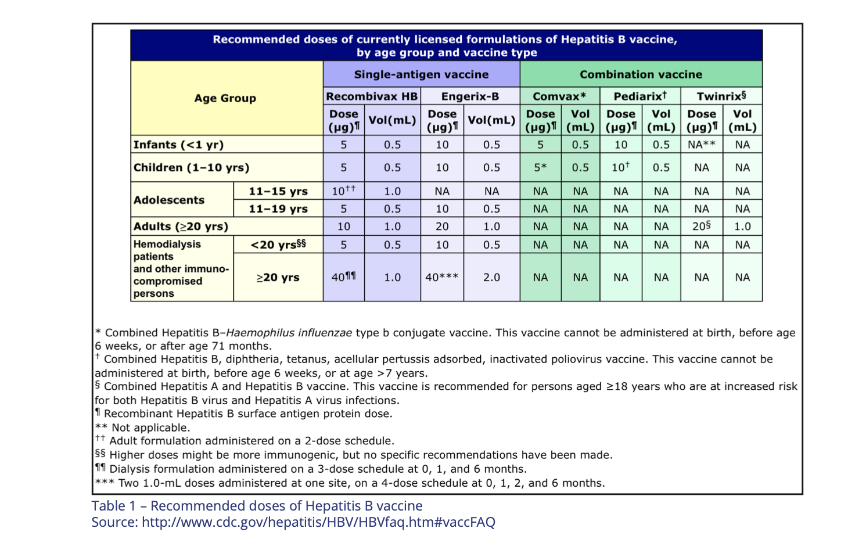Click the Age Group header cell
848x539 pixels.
225,98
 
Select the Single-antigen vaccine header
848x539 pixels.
421,74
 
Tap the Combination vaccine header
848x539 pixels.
641,74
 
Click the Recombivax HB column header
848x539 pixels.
372,96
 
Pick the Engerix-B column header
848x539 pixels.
470,96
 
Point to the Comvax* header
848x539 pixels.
559,96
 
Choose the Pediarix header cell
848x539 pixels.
639,96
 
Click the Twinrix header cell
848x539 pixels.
721,96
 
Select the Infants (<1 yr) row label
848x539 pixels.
179,145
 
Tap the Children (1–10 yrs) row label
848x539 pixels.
192,167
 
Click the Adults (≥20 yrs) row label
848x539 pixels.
181,227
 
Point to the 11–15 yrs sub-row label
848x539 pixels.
278,191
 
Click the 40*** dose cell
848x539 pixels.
442,277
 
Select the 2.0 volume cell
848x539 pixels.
491,277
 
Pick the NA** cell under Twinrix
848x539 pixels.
702,145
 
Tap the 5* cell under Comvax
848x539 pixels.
540,167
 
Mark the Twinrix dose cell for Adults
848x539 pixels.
702,227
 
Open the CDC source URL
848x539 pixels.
318,522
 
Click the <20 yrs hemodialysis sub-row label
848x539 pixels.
278,245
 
